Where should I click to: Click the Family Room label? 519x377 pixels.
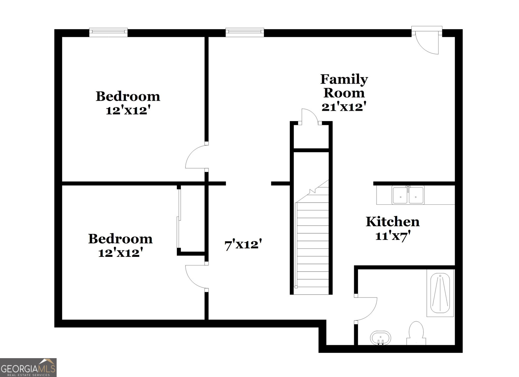(344, 86)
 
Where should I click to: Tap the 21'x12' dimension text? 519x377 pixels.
(344, 107)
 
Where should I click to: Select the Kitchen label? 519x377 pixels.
(392, 221)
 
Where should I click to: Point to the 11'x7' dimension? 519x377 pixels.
(393, 236)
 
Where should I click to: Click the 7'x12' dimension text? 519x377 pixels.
(243, 244)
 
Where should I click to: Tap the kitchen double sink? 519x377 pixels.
(408, 195)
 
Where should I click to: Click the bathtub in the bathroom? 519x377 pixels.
(440, 293)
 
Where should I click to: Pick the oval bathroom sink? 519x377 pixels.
(380, 338)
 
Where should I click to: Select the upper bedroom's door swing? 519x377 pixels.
(196, 157)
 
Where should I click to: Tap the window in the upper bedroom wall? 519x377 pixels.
(109, 32)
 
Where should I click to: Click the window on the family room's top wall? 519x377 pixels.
(245, 32)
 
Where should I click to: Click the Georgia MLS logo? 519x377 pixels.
(28, 368)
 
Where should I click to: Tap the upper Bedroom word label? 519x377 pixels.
(128, 96)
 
